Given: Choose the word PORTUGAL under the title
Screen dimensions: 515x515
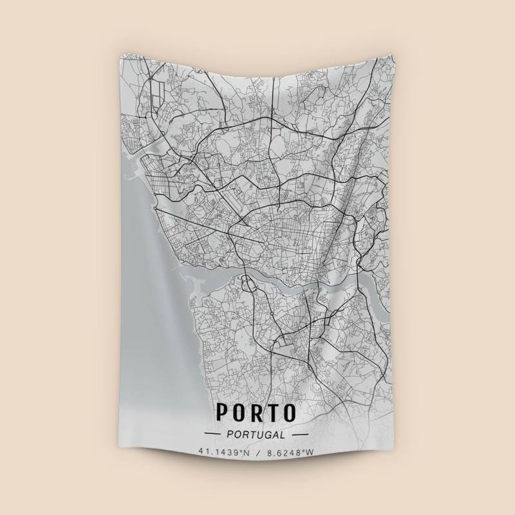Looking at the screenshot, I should click(x=257, y=435).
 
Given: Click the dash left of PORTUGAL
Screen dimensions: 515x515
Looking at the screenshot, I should click(x=212, y=435).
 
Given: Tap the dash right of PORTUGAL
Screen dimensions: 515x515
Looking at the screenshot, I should click(x=300, y=435).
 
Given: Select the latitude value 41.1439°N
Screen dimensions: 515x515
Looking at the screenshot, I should click(x=223, y=453).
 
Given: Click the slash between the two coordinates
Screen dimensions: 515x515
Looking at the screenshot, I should click(x=257, y=453).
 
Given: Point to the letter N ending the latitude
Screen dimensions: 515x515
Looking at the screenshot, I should click(x=245, y=453).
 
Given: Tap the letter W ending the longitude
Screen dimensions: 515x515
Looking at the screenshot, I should click(x=311, y=453).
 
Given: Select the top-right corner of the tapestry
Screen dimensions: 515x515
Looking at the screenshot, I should click(x=391, y=53).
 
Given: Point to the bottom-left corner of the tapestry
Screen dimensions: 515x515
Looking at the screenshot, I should click(x=120, y=463).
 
